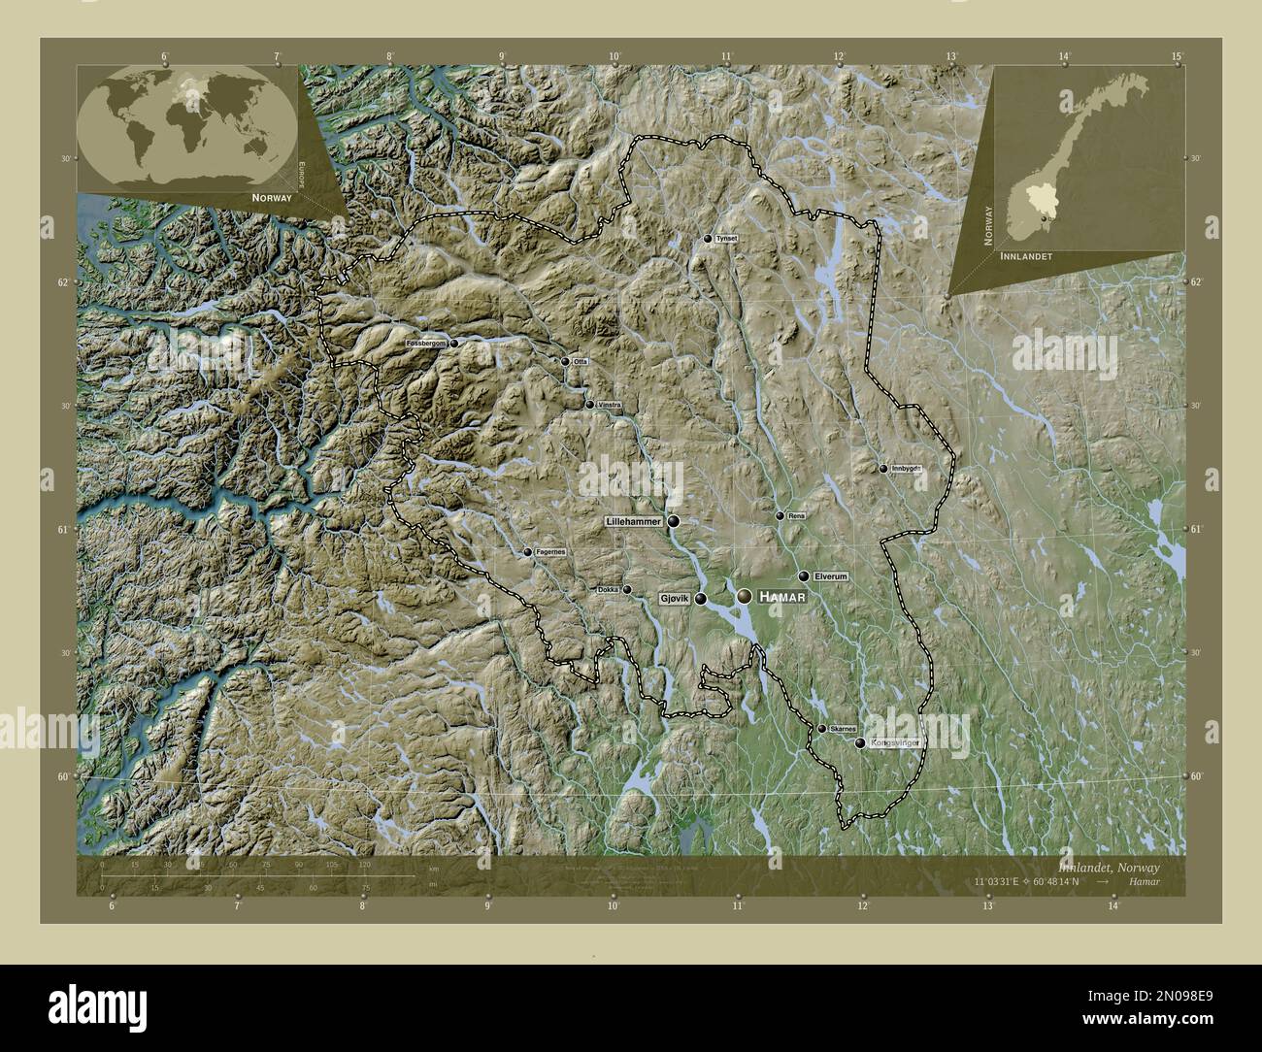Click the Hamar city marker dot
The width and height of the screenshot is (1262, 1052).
pyautogui.click(x=744, y=595)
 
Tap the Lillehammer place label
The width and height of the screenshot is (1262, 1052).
pyautogui.click(x=633, y=521)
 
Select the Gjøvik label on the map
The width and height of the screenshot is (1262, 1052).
pyautogui.click(x=674, y=599)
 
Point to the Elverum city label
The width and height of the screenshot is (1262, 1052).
pyautogui.click(x=831, y=576)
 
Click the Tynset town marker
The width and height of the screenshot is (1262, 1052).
pyautogui.click(x=708, y=239)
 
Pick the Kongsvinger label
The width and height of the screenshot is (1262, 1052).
pyautogui.click(x=894, y=743)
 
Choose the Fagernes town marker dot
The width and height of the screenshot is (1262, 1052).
pyautogui.click(x=528, y=552)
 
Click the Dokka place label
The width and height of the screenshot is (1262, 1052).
pyautogui.click(x=608, y=589)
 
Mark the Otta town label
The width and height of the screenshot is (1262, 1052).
pyautogui.click(x=581, y=362)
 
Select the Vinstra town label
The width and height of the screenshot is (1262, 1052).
pyautogui.click(x=609, y=405)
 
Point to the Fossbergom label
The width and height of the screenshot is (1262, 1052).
pyautogui.click(x=426, y=344)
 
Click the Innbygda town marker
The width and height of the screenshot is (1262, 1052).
pyautogui.click(x=883, y=469)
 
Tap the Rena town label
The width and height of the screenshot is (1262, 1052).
pyautogui.click(x=796, y=515)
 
